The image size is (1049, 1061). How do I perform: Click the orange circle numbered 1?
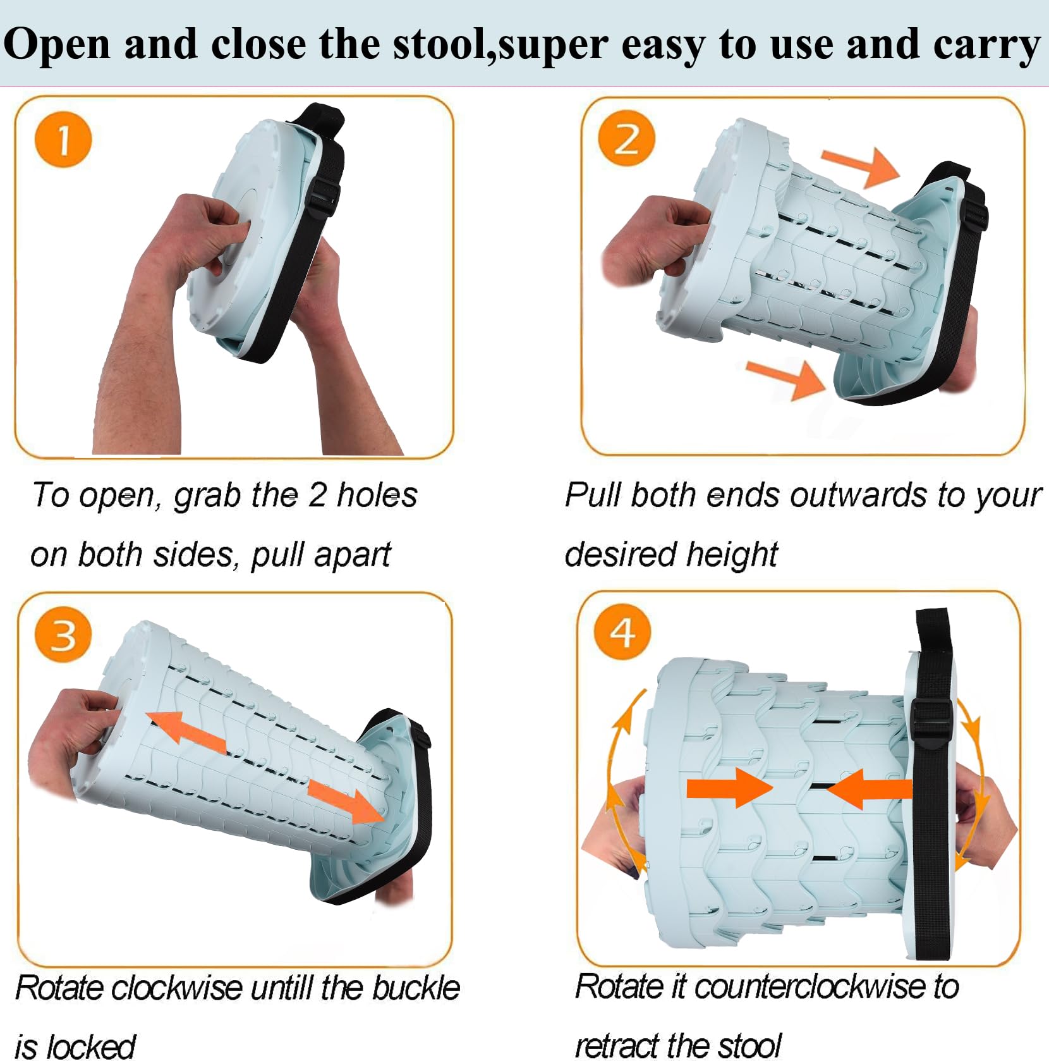pyautogui.click(x=63, y=140)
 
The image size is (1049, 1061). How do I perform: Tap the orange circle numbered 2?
pyautogui.click(x=627, y=138)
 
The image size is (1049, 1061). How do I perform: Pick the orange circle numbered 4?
pyautogui.click(x=622, y=632)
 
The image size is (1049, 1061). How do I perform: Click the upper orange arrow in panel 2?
pyautogui.click(x=860, y=166)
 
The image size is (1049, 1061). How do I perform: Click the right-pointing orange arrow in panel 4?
pyautogui.click(x=730, y=788)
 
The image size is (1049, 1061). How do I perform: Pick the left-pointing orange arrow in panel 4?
pyautogui.click(x=870, y=788)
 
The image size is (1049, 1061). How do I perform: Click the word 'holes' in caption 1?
pyautogui.click(x=377, y=494)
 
